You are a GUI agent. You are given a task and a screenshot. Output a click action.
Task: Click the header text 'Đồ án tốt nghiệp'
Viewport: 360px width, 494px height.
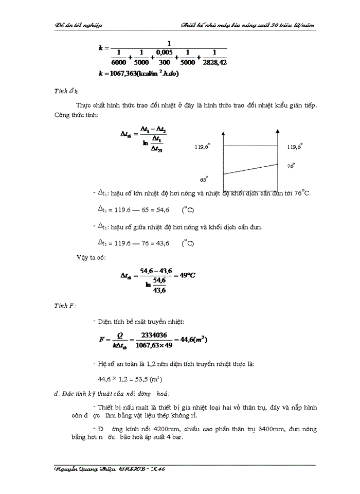click(79, 25)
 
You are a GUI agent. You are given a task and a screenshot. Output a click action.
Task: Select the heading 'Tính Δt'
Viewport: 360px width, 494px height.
click(66, 91)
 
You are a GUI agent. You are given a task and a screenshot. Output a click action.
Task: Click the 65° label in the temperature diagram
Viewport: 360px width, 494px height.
click(204, 180)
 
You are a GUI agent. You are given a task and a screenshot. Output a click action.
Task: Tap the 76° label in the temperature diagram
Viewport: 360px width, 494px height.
click(291, 166)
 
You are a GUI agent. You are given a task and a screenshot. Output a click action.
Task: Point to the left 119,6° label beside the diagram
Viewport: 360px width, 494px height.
click(202, 147)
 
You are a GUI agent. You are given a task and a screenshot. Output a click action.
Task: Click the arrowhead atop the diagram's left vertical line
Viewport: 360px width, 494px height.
click(223, 134)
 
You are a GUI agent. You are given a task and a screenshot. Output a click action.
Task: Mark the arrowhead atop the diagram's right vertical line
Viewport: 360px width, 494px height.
click(278, 134)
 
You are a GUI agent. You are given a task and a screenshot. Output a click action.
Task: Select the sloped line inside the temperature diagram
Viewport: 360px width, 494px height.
click(250, 169)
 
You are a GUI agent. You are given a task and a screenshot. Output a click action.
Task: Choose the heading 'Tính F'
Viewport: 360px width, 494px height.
click(65, 306)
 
